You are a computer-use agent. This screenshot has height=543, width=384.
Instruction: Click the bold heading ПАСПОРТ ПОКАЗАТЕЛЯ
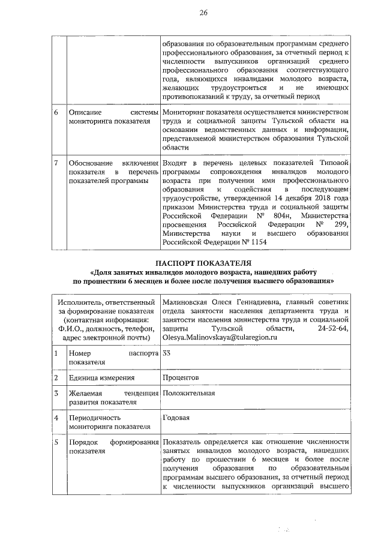(203, 263)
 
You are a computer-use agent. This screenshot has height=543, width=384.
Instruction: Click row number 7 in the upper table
(56, 164)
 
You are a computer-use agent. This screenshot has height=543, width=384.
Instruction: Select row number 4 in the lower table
(56, 417)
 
